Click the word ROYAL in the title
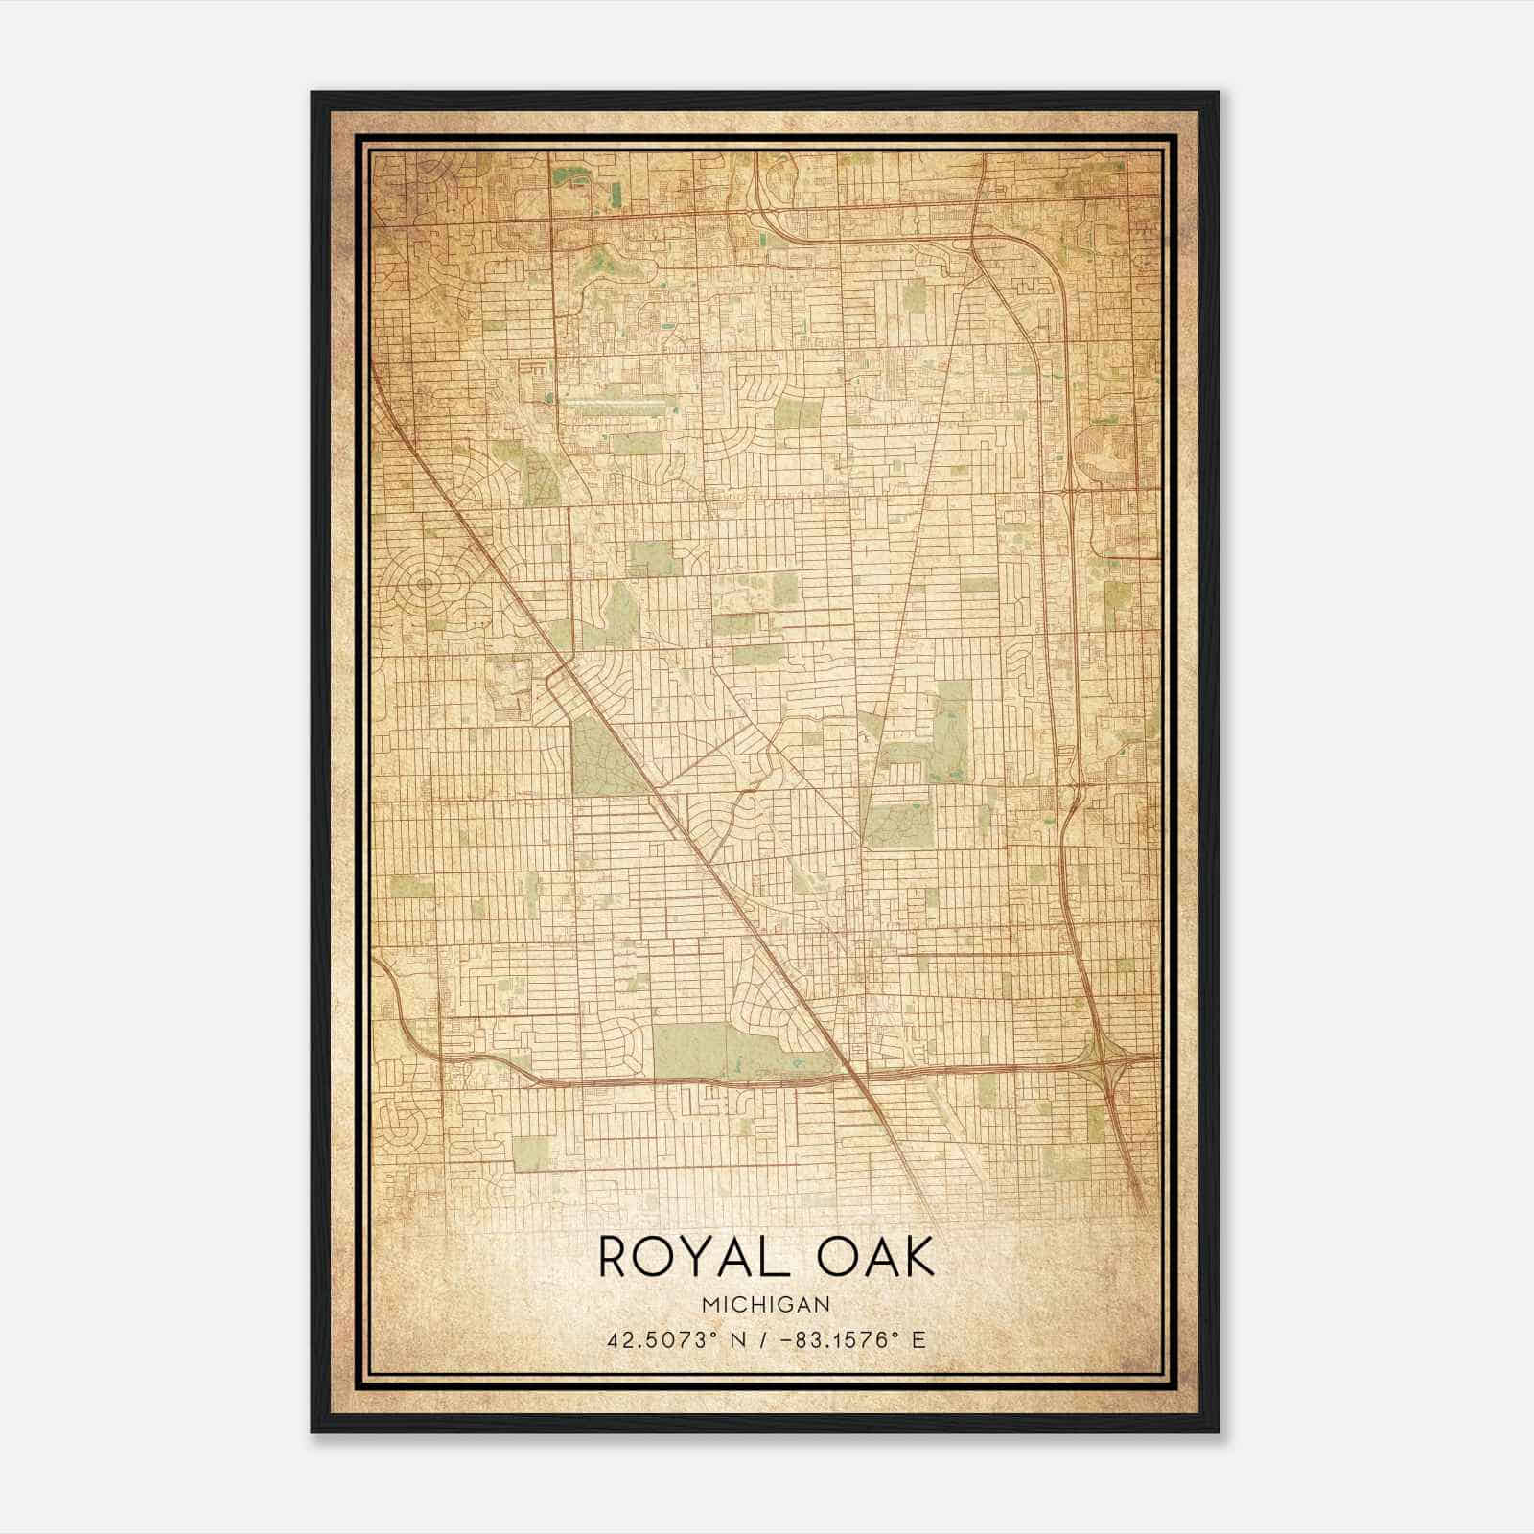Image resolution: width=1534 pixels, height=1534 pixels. pos(685,1257)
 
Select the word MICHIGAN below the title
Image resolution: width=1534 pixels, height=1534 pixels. pos(766,1304)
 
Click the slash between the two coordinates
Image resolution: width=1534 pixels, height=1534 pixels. pos(763,1339)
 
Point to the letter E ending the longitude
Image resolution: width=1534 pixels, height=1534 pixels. pos(918,1339)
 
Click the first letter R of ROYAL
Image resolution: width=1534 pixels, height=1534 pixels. pos(614,1257)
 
